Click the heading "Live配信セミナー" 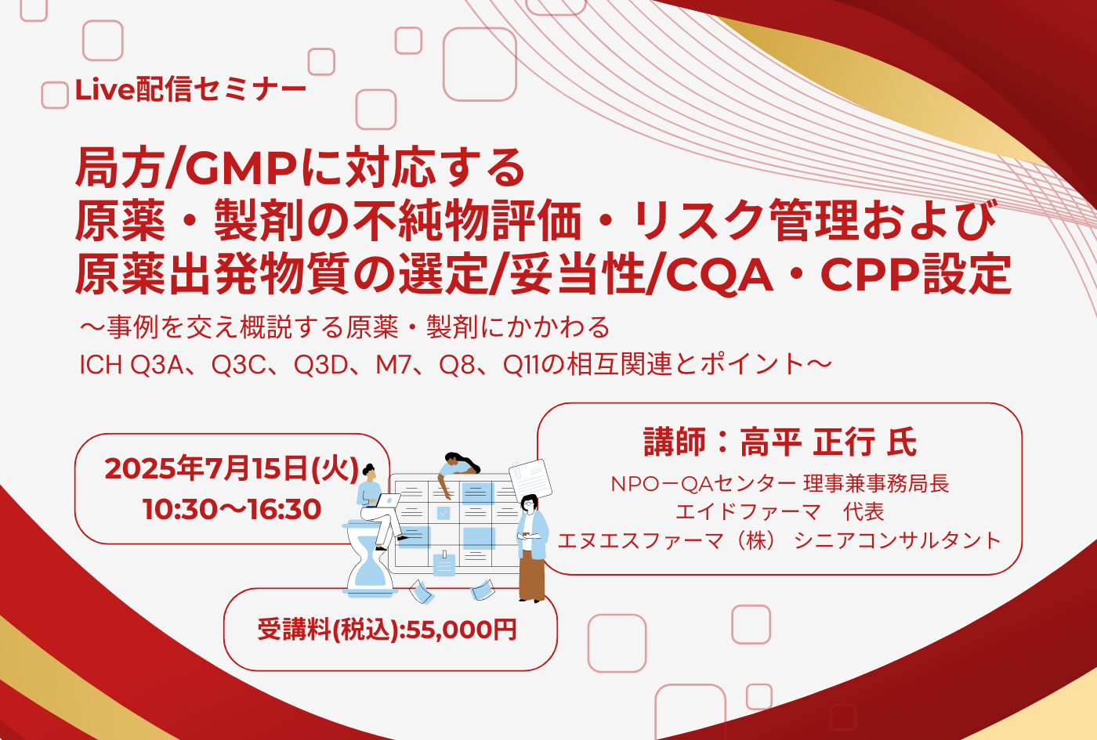190,90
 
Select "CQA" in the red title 719,276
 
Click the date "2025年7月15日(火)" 232,469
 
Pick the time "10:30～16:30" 232,509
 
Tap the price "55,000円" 461,630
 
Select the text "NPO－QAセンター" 703,484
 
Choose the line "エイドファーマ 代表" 780,512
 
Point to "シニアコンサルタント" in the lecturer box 897,540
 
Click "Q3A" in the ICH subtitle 156,365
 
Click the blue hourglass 370,561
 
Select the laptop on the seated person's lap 386,501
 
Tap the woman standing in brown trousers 532,548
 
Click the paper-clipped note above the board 530,480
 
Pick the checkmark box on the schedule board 444,512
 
